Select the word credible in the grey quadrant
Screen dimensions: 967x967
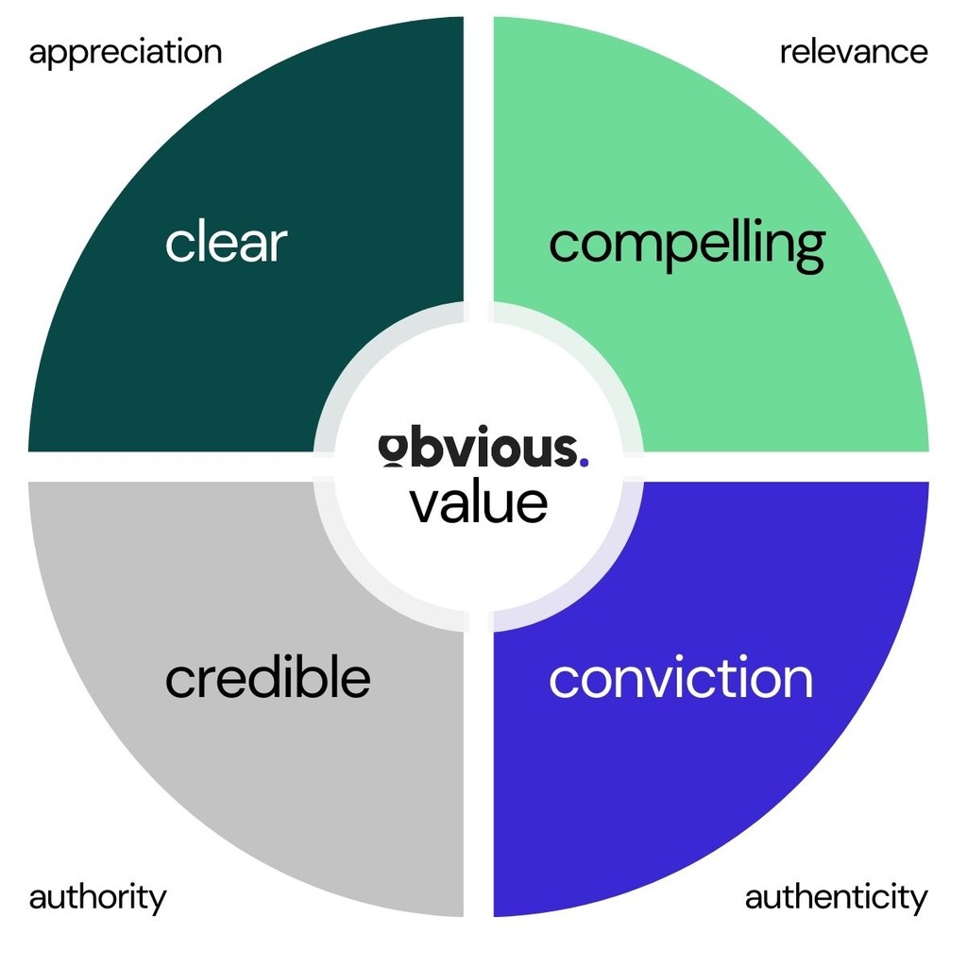coord(267,677)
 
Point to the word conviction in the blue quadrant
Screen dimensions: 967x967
coord(680,678)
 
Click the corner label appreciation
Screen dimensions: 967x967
coord(126,53)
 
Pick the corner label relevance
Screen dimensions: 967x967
coord(854,52)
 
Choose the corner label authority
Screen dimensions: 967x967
coord(97,897)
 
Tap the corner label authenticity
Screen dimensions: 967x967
coord(836,897)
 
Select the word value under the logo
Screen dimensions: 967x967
coord(479,502)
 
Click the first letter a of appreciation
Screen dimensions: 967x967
coord(38,54)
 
